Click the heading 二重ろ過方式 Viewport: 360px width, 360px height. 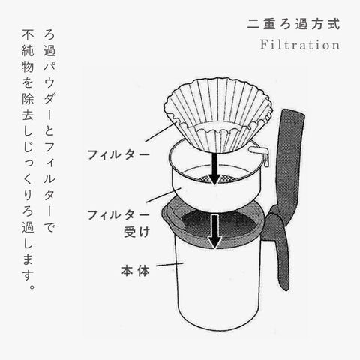tap(294, 25)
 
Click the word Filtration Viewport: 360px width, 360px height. tap(300, 45)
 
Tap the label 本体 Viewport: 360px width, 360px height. tap(135, 271)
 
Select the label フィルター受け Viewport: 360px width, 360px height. tap(118, 223)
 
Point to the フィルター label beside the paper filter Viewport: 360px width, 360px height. tap(118, 154)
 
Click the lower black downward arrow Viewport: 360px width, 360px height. tap(214, 231)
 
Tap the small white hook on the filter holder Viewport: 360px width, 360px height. tap(259, 151)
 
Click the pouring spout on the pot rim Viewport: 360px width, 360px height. tap(172, 214)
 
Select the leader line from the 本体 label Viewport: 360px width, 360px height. tap(170, 264)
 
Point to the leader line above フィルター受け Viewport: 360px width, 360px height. tap(163, 196)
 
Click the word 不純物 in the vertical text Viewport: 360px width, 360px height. tap(28, 51)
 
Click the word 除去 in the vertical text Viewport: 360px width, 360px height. tap(28, 107)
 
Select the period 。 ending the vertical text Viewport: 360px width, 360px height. tap(31, 286)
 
